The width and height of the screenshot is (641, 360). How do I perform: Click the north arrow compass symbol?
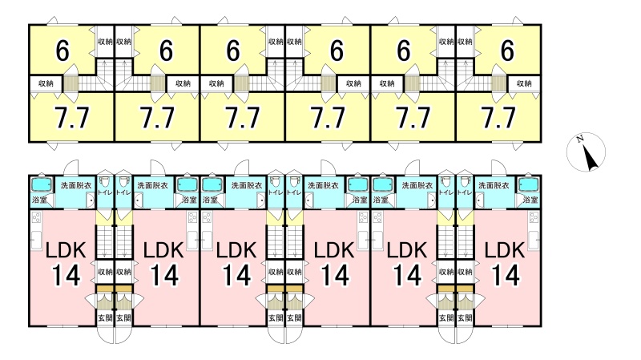click(x=589, y=152)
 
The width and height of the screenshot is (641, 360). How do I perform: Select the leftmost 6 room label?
click(x=62, y=51)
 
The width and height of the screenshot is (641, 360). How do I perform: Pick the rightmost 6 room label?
click(x=506, y=51)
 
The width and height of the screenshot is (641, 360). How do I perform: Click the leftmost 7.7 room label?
click(x=71, y=119)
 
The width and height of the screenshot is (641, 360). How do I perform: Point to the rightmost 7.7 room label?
click(x=498, y=119)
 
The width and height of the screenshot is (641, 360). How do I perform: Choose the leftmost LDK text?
click(x=62, y=249)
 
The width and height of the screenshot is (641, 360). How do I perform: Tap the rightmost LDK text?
click(x=504, y=249)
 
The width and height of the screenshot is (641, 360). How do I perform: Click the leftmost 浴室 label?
click(x=38, y=199)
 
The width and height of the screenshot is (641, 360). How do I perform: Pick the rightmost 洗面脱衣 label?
click(x=493, y=184)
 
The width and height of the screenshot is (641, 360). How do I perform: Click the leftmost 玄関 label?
click(x=105, y=318)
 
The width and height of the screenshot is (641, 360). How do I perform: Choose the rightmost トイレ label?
click(x=465, y=192)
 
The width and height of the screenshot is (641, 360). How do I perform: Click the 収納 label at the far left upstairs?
click(x=46, y=83)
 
